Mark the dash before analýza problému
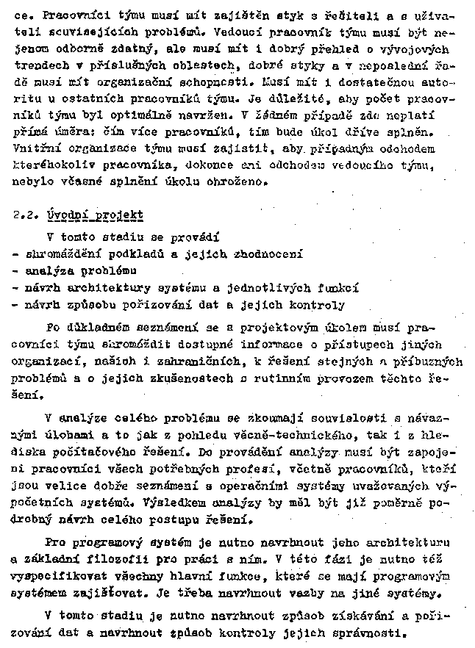tap(17, 270)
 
